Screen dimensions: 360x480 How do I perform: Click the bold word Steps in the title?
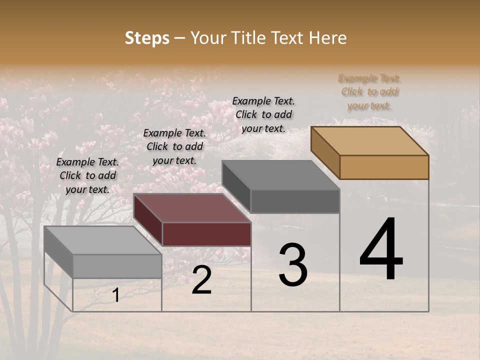click(147, 38)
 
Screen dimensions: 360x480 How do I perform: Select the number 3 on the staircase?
click(292, 265)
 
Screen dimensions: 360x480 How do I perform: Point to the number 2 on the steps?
click(201, 280)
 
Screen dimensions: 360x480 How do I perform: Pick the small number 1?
click(115, 295)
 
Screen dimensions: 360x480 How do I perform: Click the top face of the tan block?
click(370, 140)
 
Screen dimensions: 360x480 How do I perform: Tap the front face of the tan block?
click(384, 167)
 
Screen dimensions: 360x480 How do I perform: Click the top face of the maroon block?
click(192, 207)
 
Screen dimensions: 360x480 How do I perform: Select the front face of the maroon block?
click(206, 234)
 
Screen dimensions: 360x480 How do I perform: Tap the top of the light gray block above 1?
click(103, 240)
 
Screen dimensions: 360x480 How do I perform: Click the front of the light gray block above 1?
click(117, 265)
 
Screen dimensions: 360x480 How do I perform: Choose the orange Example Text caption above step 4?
click(369, 92)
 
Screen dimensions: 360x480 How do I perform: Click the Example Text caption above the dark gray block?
click(263, 114)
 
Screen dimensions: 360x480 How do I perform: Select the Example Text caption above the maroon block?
click(174, 146)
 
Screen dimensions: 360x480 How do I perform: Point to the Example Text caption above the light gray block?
click(87, 175)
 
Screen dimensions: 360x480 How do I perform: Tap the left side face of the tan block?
click(325, 152)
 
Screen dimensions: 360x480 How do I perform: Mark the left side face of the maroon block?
click(148, 219)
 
